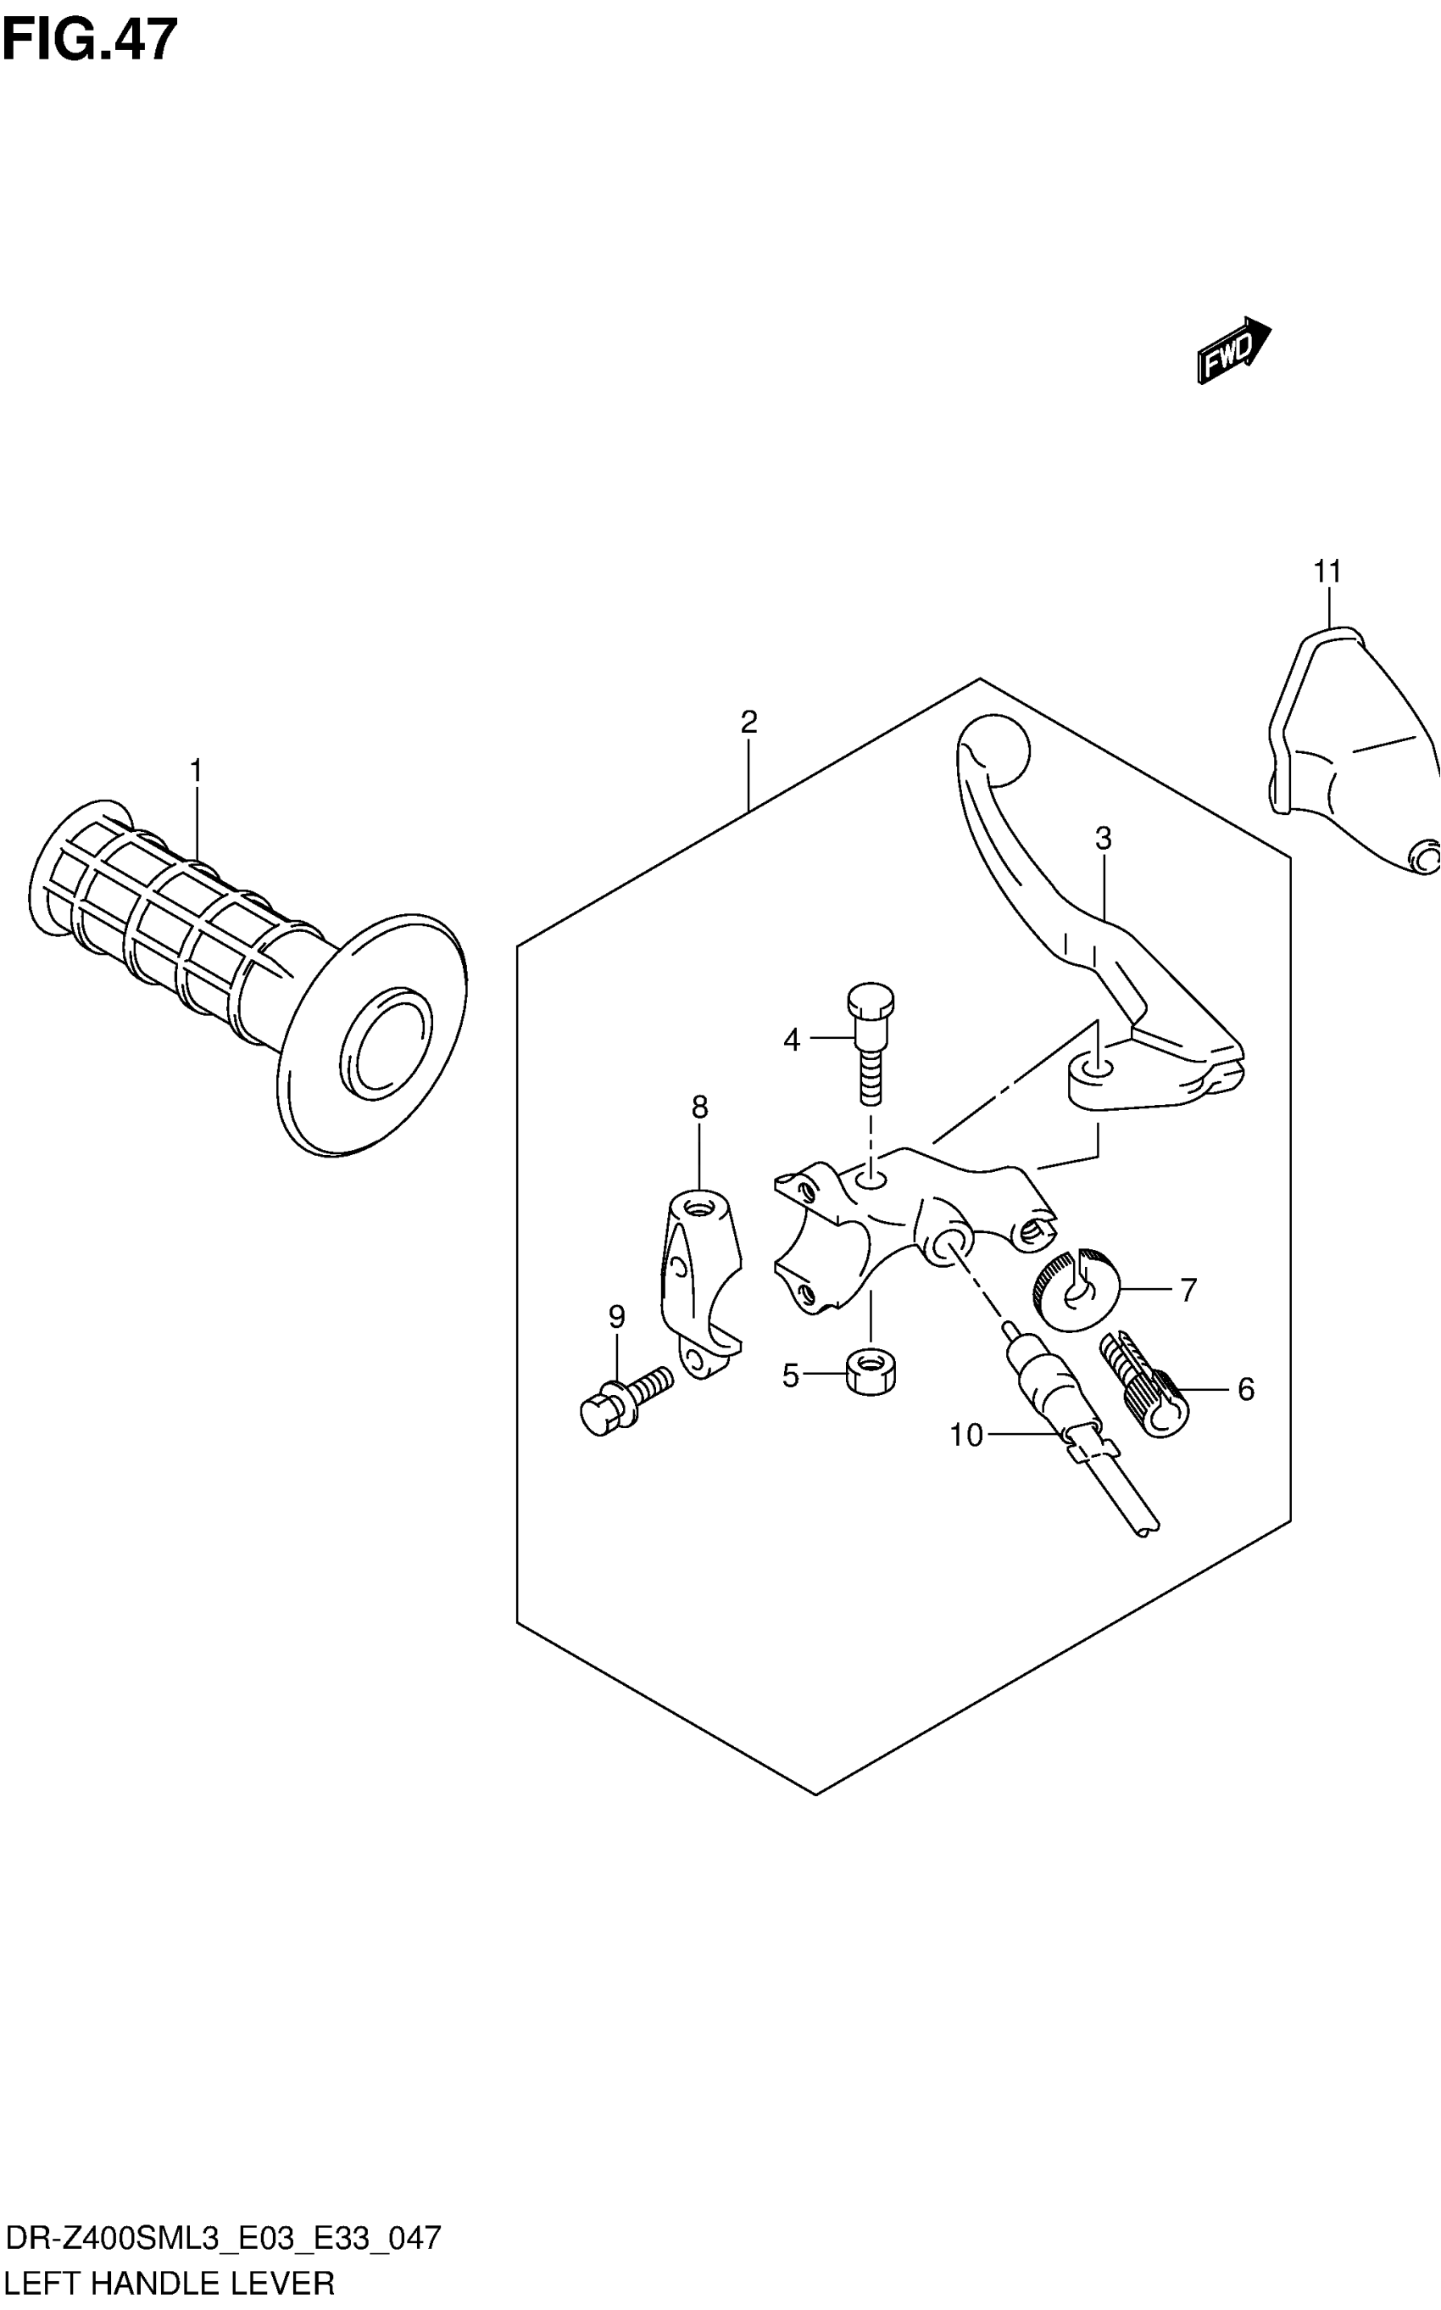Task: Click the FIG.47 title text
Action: coord(90,41)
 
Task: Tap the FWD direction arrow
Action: coord(1233,351)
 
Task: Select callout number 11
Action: coord(1327,572)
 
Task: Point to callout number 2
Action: coord(748,722)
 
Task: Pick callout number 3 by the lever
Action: coord(1103,839)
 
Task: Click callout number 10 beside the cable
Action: coord(965,1435)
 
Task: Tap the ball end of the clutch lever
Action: coord(995,750)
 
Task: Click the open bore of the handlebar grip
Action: coord(386,1039)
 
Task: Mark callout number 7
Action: coord(1188,1291)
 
